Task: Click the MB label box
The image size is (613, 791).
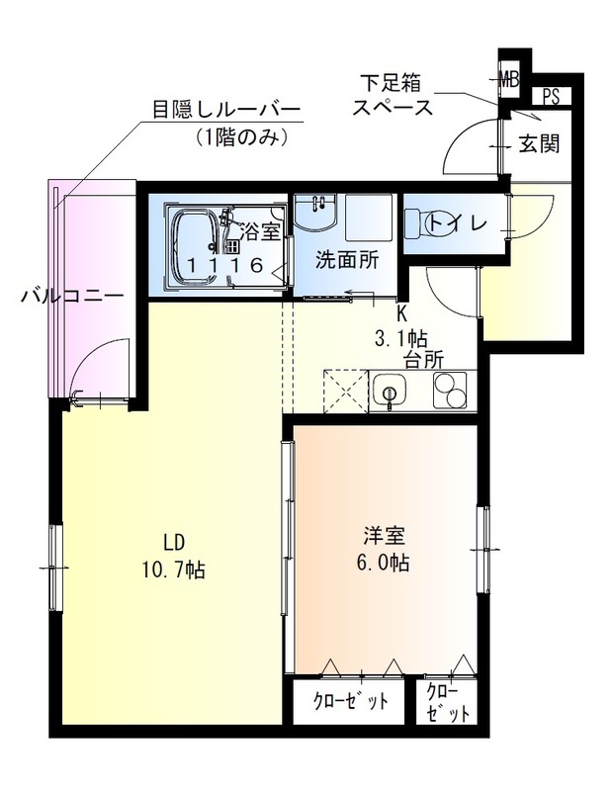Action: [x=509, y=77]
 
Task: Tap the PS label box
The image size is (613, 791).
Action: [x=549, y=97]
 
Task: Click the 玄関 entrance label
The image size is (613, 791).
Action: [x=540, y=143]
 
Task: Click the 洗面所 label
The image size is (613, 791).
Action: [x=346, y=261]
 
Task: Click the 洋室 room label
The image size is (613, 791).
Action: [x=384, y=537]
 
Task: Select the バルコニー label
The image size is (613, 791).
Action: [x=71, y=295]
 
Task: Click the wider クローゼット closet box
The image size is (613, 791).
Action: [x=350, y=702]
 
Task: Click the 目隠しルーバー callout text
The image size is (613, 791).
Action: [x=225, y=109]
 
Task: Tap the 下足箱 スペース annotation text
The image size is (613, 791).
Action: [x=393, y=96]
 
